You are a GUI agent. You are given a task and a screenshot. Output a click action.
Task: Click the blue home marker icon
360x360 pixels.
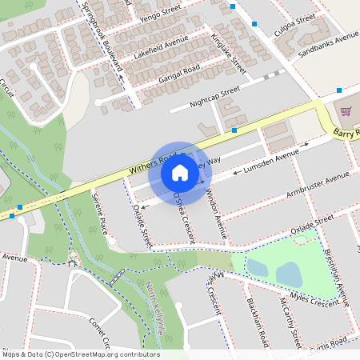tap(180, 173)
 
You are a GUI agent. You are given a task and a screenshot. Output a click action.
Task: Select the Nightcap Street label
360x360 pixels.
tap(214, 98)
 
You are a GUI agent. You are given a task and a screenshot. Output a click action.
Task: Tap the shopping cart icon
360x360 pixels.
tap(346, 111)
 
